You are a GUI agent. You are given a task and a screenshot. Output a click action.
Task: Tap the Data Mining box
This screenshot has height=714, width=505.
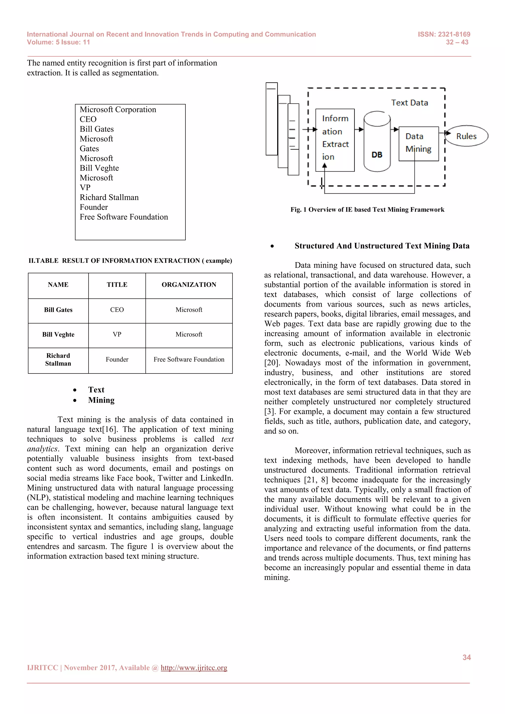point(418,143)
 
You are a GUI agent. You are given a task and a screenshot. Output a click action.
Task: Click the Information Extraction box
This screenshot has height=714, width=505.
point(335,140)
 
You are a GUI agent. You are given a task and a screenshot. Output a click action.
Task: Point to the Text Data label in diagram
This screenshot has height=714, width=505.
point(409,103)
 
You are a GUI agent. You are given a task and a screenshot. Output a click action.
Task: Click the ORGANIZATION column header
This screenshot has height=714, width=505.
point(189,285)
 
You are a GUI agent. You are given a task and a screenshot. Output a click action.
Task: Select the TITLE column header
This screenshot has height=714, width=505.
point(117,285)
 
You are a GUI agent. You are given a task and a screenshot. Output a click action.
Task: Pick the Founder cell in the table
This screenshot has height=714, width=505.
point(117,359)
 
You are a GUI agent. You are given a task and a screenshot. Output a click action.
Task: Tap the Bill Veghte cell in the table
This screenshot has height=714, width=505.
point(58,335)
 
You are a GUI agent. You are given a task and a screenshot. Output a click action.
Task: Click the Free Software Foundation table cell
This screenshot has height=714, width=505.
point(189,359)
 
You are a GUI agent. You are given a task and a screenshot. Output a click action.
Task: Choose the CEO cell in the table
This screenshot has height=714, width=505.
point(117,310)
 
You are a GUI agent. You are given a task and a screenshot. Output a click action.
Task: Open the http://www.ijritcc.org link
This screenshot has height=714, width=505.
point(194,668)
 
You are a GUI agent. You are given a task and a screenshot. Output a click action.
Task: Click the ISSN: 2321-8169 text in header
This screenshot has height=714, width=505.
point(444,35)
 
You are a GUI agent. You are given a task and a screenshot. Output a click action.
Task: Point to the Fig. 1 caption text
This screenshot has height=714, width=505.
point(367,210)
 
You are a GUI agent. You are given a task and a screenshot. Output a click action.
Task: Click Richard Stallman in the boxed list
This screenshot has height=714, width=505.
point(109,197)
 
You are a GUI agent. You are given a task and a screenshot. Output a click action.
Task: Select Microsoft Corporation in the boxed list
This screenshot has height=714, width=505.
point(118,109)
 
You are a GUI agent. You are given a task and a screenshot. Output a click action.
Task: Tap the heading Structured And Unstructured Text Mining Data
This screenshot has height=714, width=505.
point(382,246)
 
